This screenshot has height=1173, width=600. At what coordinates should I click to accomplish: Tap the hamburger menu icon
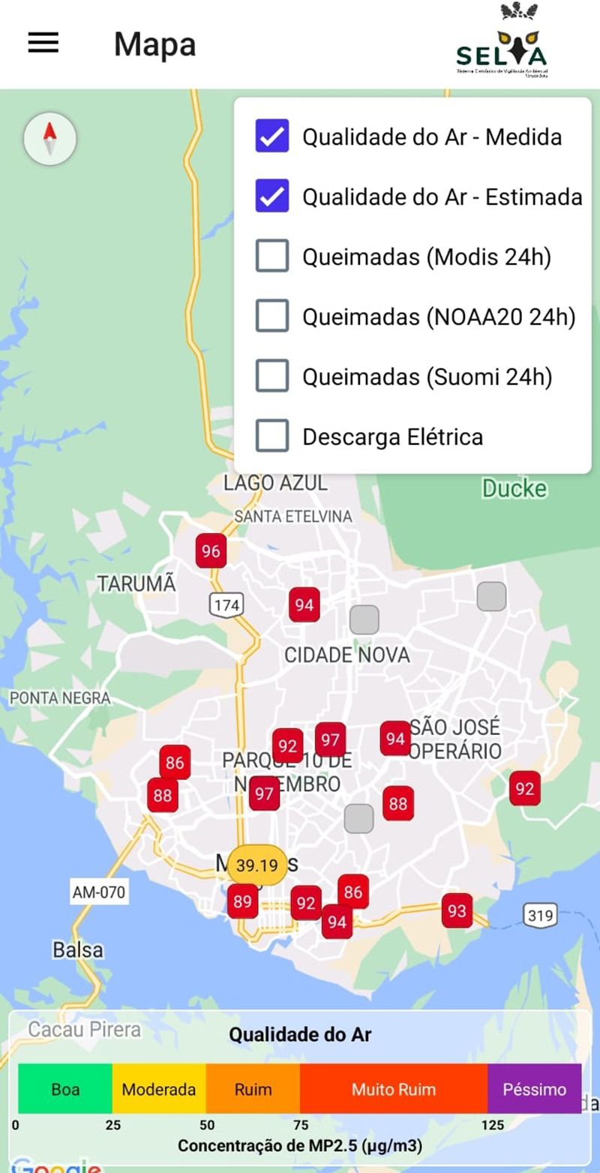pos(43,43)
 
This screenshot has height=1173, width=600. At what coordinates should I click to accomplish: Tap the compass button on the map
pos(50,138)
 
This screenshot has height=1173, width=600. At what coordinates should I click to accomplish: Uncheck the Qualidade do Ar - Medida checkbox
pos(271,136)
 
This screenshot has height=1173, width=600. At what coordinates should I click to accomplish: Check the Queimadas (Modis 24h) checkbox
pos(271,256)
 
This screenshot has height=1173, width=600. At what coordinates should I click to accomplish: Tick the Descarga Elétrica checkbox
pos(271,436)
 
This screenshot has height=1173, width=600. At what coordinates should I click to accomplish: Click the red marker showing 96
pos(211,551)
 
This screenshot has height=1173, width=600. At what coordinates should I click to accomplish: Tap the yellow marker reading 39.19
pos(257,865)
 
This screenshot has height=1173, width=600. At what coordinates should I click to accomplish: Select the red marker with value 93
pos(457,910)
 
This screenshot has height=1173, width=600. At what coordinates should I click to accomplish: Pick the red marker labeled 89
pos(242,901)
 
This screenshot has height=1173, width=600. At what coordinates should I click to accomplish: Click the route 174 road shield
pos(226,604)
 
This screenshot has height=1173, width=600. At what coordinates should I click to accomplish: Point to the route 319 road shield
pos(540,915)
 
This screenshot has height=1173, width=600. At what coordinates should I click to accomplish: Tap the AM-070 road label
pos(99,892)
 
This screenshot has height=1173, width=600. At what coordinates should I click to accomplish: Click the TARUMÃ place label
pos(136,583)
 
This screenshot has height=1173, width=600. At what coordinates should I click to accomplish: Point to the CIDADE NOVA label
pos(346,655)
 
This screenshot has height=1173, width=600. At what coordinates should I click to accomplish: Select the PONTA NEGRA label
pos(60,698)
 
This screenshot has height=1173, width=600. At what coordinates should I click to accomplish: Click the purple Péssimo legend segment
pos(534,1089)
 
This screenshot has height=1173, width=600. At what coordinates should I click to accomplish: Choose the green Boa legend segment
pos(65,1089)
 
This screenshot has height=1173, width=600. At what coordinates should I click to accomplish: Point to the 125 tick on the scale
pos(492,1125)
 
